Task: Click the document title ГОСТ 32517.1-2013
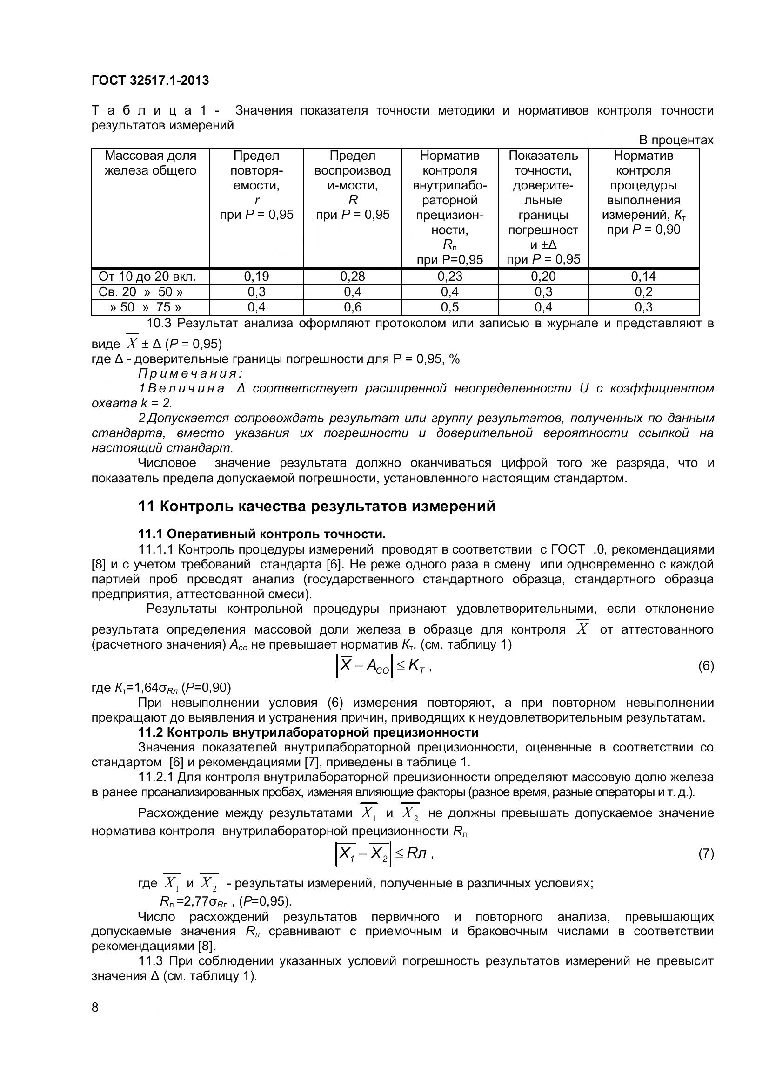pos(150,81)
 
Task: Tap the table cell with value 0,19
pos(256,277)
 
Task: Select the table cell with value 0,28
pos(353,277)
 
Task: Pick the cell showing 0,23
pos(450,277)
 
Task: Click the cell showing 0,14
pos(643,277)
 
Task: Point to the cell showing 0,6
pos(353,307)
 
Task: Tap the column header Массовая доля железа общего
pos(150,163)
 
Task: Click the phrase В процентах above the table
pos(675,141)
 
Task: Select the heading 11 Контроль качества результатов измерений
pos(316,507)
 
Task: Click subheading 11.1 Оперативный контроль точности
pos(261,534)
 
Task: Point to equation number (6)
pos(706,666)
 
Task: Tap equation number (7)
pos(706,854)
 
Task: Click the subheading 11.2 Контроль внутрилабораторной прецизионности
pos(308,732)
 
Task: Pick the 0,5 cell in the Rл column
pos(450,307)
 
